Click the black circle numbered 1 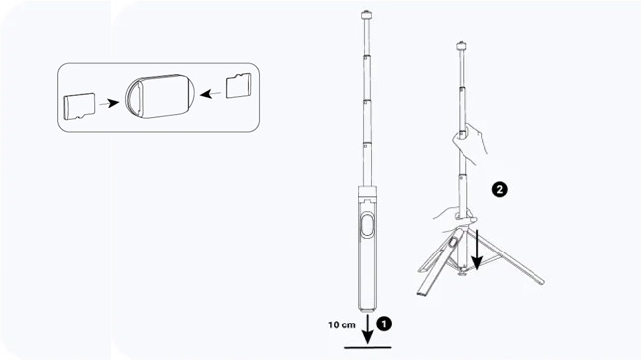(x=384, y=324)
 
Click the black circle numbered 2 (x=499, y=189)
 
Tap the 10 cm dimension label (x=342, y=325)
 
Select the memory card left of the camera (x=79, y=107)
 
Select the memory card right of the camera (x=239, y=85)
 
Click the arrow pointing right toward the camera (x=109, y=103)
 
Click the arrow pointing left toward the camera (x=210, y=94)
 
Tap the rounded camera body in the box (x=160, y=97)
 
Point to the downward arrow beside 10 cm (x=368, y=328)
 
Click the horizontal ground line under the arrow (x=367, y=348)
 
